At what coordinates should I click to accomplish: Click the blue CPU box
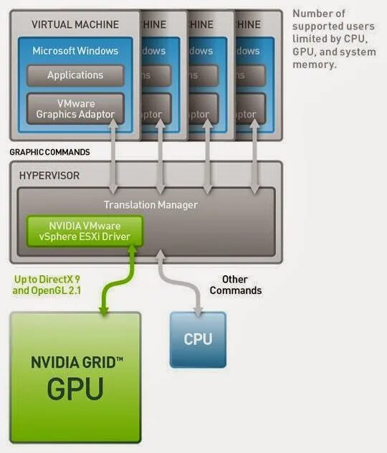click(198, 339)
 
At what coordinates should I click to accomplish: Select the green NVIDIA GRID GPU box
click(76, 376)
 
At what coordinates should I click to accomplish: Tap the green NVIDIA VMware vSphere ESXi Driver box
click(85, 231)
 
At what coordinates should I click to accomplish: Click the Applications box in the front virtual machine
click(75, 75)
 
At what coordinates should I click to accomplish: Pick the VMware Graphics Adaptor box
click(75, 108)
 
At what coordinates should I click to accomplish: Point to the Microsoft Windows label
click(75, 51)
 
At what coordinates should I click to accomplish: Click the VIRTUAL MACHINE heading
click(75, 24)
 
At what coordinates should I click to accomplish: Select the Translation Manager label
click(150, 205)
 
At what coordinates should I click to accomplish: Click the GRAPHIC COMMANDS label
click(49, 153)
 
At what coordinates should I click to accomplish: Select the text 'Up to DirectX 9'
click(48, 279)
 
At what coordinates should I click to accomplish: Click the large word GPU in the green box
click(75, 389)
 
